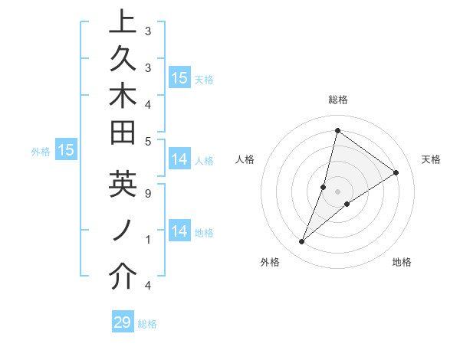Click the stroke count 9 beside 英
147,194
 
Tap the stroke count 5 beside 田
147,140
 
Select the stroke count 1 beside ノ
147,240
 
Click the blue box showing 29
123,322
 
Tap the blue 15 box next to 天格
179,78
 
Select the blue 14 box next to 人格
179,159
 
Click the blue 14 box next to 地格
179,231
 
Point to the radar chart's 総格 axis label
337,100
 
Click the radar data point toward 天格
396,173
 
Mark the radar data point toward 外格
302,242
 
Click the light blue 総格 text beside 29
147,324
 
